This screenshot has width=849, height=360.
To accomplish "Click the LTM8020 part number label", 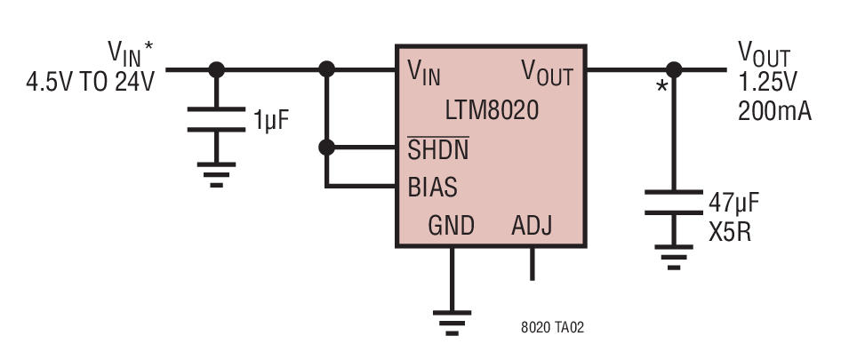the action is point(493,111).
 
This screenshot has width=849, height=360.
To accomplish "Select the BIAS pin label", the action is point(433,188).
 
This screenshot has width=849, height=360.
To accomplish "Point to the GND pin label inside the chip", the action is point(451,226).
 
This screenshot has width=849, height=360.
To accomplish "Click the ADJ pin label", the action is point(532,226).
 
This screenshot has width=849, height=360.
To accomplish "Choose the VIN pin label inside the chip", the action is point(424,72).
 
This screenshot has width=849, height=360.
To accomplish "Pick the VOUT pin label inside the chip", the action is point(547,72).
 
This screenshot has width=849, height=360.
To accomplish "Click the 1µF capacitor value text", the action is point(270,120).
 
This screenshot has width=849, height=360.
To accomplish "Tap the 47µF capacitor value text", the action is point(734,204).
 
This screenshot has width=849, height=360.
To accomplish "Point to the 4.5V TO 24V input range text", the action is point(91,83).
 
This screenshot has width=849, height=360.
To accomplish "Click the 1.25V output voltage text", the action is point(768,83).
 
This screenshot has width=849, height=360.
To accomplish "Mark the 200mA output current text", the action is point(775,111).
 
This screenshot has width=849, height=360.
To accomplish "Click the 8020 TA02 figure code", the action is point(553,327).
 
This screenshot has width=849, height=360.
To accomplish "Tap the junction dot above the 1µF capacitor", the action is point(217,69).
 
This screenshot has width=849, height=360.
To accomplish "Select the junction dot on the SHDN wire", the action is point(326,148).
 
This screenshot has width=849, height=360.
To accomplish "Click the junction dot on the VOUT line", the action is point(674,69).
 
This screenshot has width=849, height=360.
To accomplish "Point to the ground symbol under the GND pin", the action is point(453,324).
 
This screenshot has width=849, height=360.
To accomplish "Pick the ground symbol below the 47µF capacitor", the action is point(674,257).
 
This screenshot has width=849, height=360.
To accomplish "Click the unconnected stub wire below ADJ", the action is point(533,264).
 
